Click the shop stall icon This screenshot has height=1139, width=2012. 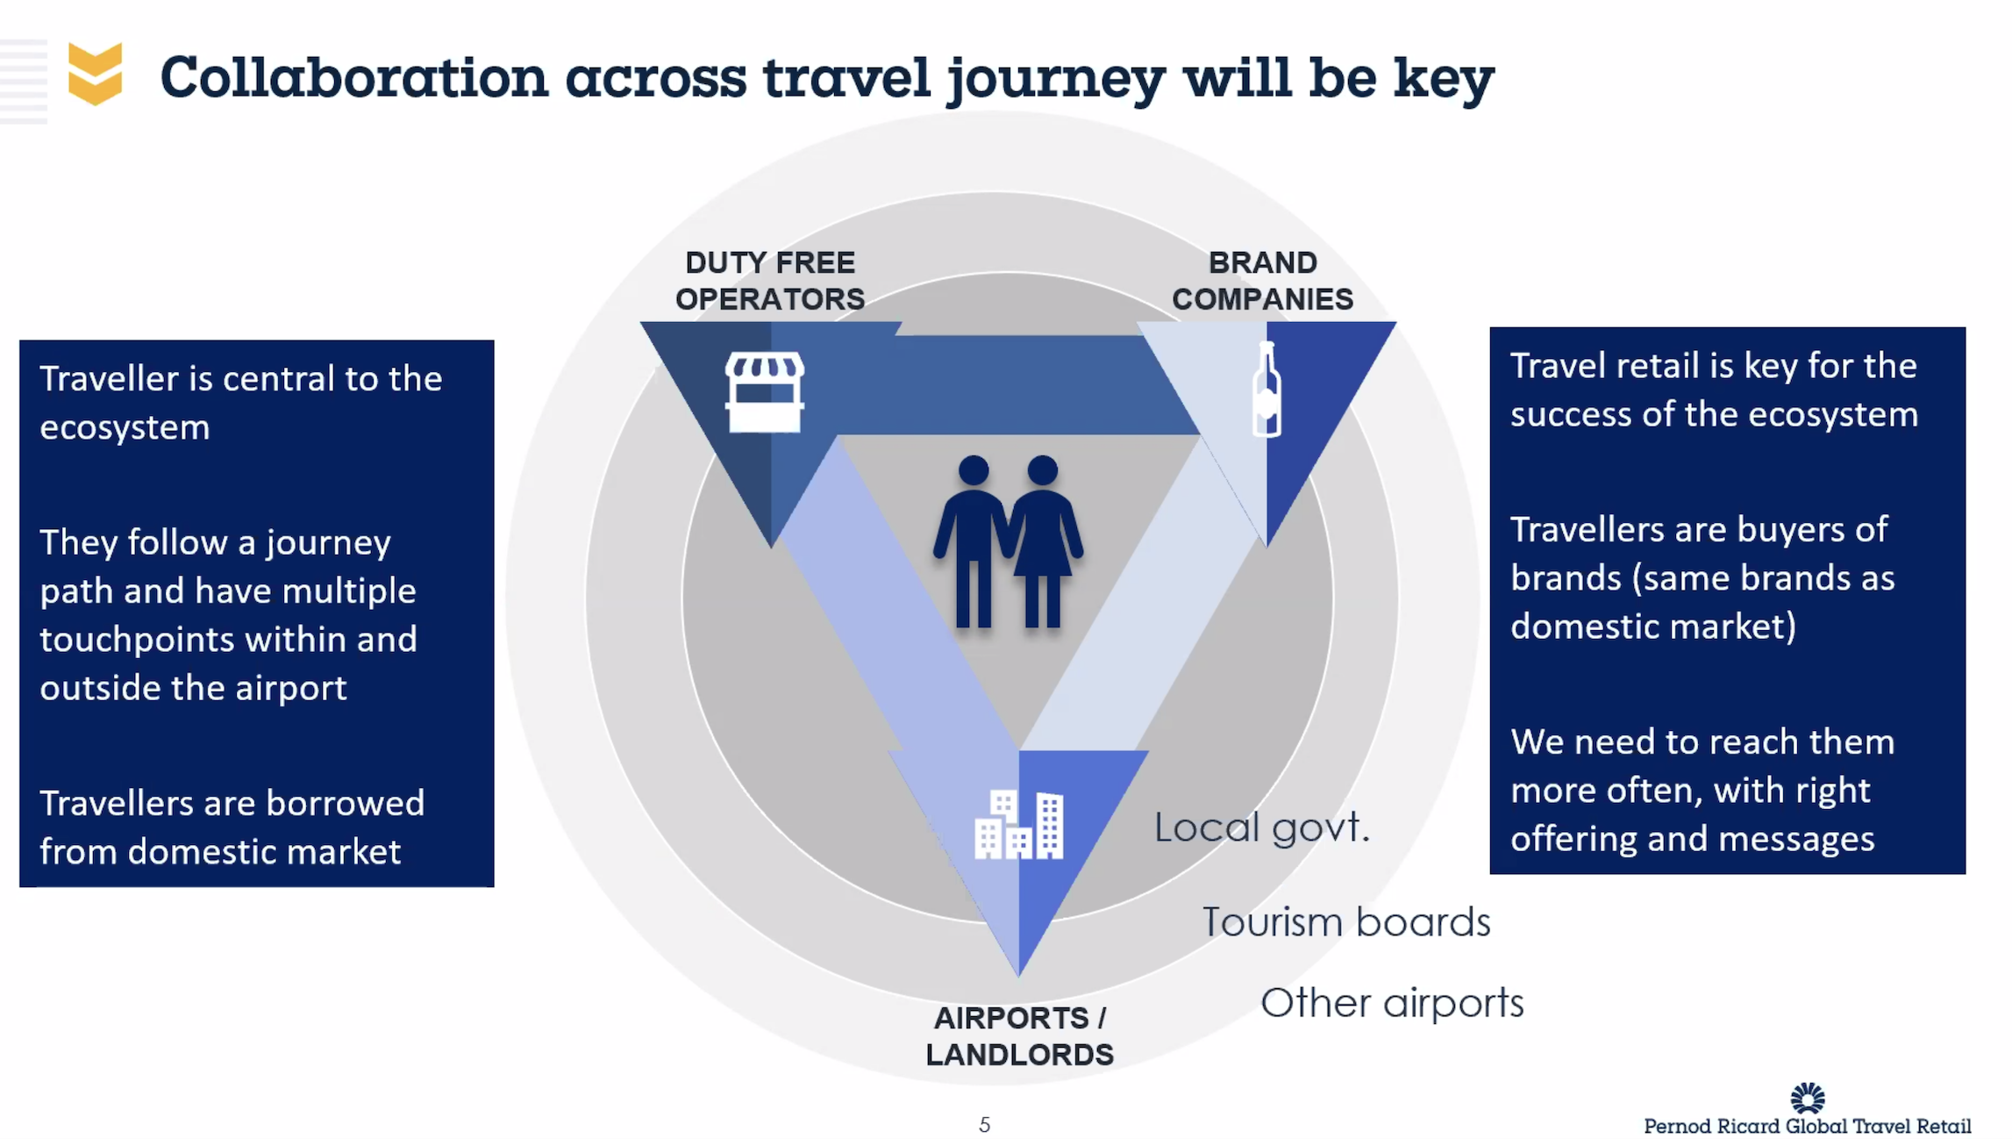pos(764,392)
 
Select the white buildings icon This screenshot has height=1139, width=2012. pos(1019,824)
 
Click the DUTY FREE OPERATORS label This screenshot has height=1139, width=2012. pos(770,281)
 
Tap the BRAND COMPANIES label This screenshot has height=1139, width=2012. pos(1262,281)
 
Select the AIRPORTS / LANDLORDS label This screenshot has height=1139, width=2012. pos(1019,1036)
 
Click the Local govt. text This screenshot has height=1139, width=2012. pos(1261,827)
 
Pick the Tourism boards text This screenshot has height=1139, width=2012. pos(1346,922)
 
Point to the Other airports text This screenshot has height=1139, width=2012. pos(1392,1003)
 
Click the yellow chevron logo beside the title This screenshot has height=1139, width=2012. pos(95,74)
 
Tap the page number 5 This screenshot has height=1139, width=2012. pos(984,1125)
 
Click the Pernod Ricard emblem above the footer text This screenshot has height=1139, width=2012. pos(1807,1098)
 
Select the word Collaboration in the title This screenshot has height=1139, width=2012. pos(353,77)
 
